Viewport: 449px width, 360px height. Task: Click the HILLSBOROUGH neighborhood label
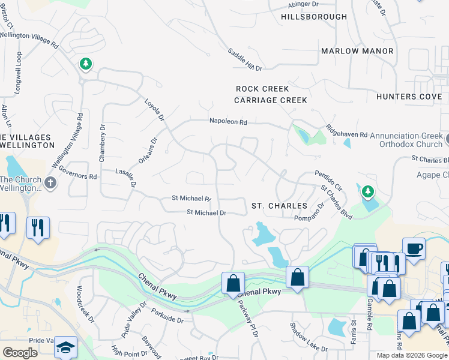click(314, 17)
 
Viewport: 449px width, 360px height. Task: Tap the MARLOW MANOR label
click(357, 51)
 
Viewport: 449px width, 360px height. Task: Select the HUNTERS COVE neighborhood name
click(409, 97)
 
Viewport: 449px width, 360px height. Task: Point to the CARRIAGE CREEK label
click(271, 100)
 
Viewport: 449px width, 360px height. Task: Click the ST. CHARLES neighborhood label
click(279, 206)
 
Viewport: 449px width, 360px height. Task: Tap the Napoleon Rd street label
click(228, 121)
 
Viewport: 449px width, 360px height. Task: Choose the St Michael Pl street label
click(191, 198)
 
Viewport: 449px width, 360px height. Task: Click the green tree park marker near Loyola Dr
click(85, 64)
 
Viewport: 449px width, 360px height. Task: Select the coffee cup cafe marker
click(414, 247)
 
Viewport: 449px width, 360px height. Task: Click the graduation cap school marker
click(65, 346)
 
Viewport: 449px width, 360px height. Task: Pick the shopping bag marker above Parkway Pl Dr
click(233, 283)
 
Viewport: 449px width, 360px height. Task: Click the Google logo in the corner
click(20, 353)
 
